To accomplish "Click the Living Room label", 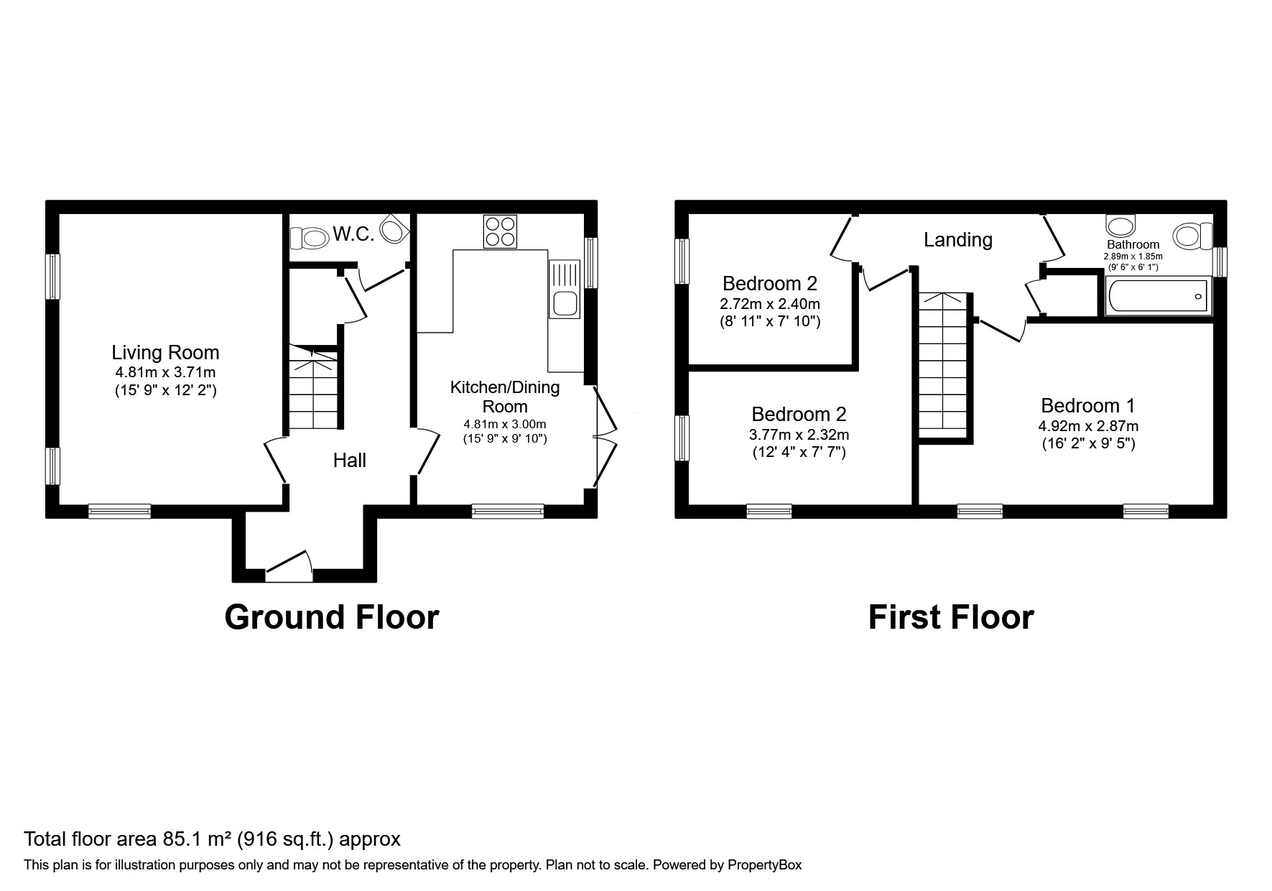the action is pos(165,353).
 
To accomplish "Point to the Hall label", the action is pos(350,461).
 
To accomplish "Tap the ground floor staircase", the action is pos(313,387).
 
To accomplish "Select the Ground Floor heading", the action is pos(332,617).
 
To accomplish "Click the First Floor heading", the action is pos(951,617).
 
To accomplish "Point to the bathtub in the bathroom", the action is pos(1159,296).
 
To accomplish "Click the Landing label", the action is pos(958,240).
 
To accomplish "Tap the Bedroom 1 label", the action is pos(1088,406).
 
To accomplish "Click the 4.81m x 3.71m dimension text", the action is pos(165,373).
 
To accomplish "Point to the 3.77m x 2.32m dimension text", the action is pos(799,435).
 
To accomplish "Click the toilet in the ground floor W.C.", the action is pos(306,236).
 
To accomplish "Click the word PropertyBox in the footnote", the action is pos(765,865).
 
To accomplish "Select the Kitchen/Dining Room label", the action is pos(505,397).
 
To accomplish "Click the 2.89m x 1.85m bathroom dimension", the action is pos(1133,256).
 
